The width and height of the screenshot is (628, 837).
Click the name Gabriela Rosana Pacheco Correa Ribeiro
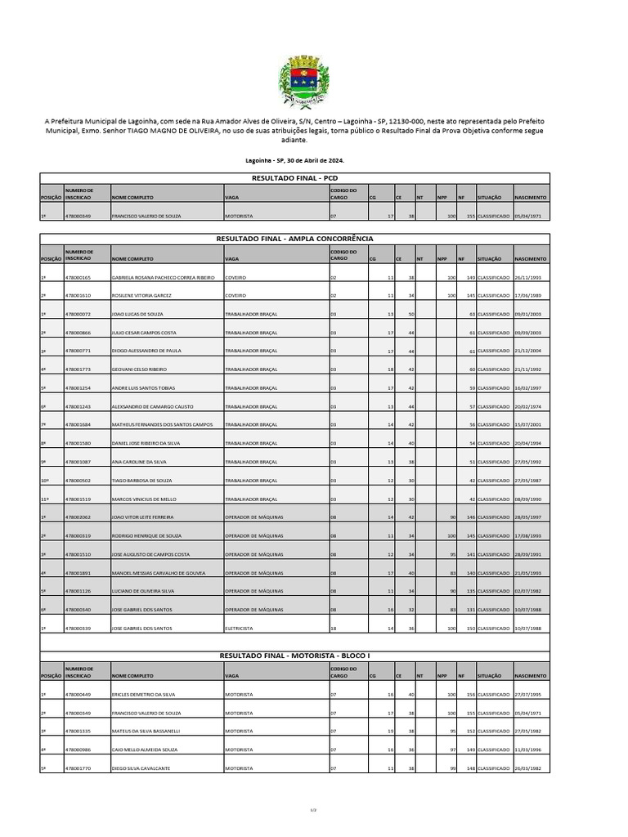tap(163, 278)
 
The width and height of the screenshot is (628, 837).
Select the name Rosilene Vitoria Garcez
tap(141, 296)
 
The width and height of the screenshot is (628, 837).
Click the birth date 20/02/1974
tap(529, 406)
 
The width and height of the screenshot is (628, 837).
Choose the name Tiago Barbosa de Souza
tap(141, 481)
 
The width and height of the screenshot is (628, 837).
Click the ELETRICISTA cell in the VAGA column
tap(240, 629)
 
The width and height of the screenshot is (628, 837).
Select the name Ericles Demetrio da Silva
tap(144, 695)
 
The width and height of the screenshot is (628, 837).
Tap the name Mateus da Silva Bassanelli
tap(146, 732)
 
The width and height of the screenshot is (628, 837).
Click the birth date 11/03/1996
tap(529, 750)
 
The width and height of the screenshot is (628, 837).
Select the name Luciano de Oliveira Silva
tap(143, 591)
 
